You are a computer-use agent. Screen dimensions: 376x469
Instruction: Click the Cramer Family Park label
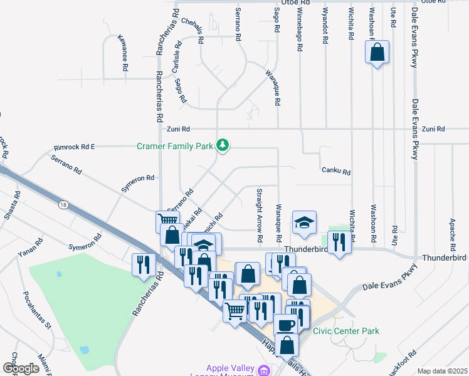[x=175, y=146]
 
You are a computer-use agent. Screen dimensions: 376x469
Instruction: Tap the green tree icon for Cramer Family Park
[x=222, y=145]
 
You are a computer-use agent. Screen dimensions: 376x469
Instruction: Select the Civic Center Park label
[x=346, y=331]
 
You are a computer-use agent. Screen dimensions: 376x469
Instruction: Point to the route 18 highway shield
[x=62, y=204]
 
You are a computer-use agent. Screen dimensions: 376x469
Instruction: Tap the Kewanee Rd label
[x=125, y=53]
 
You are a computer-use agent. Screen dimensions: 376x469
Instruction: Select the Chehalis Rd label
[x=192, y=30]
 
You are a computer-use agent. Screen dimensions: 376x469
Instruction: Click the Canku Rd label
[x=336, y=170]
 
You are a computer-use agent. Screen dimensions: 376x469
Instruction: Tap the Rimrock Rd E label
[x=74, y=147]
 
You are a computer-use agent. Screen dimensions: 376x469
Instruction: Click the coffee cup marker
[x=287, y=325]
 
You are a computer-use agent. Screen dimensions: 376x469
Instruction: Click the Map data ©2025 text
[x=441, y=371]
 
